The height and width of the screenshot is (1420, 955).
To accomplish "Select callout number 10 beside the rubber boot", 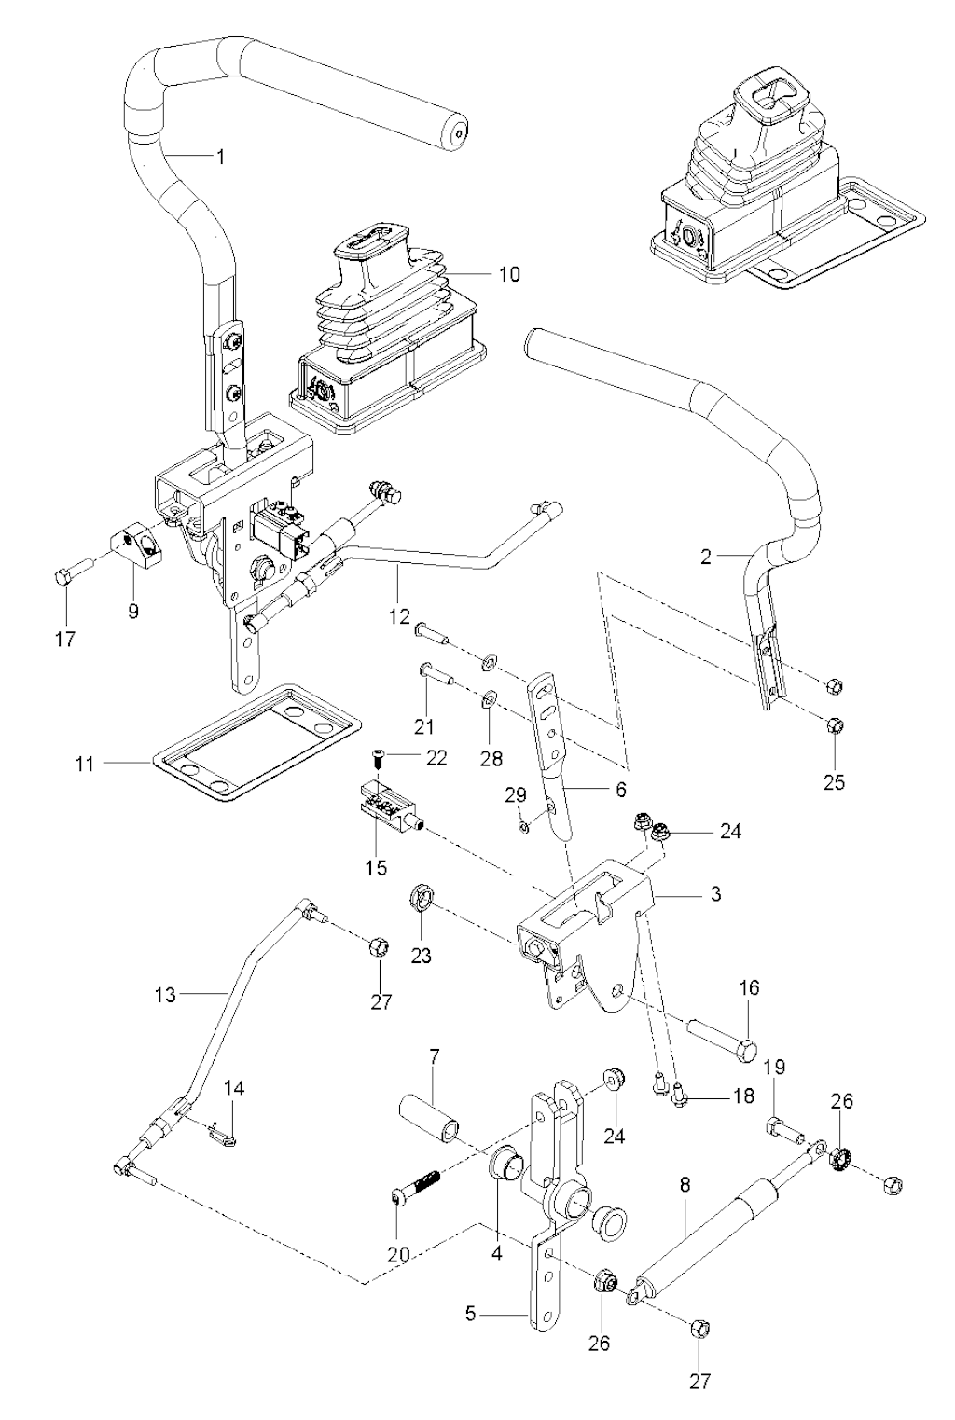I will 509,274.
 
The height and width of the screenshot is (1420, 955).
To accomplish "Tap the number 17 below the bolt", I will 64,639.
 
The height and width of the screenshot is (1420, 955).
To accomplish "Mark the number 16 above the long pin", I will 750,987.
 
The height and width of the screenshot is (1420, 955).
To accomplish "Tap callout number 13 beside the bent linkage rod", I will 165,996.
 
